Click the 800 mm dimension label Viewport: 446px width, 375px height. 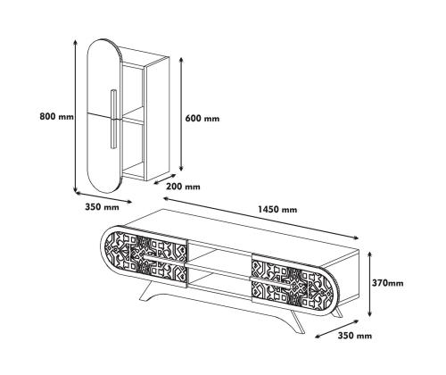pyautogui.click(x=56, y=116)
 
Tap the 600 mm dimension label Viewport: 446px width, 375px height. pyautogui.click(x=202, y=119)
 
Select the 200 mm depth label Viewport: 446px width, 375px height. pyautogui.click(x=183, y=187)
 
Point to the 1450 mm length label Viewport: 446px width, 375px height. pyautogui.click(x=277, y=210)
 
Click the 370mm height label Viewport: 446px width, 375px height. pyautogui.click(x=388, y=283)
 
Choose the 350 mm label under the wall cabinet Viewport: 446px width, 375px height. pyautogui.click(x=102, y=207)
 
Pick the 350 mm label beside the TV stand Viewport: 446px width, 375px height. pyautogui.click(x=355, y=336)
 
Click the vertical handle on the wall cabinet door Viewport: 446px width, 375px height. pyautogui.click(x=113, y=119)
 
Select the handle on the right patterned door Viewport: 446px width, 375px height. pyautogui.click(x=269, y=281)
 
